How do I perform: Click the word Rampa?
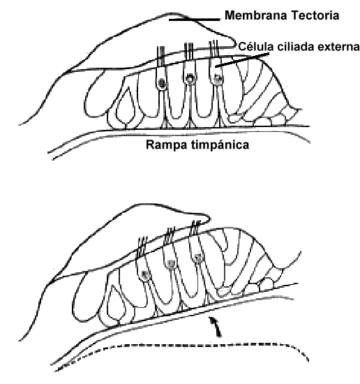(x=167, y=145)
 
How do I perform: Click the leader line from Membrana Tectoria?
(x=195, y=20)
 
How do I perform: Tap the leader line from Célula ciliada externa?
(x=242, y=59)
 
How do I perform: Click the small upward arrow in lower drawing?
(x=216, y=327)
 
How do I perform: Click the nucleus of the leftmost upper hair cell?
(x=162, y=83)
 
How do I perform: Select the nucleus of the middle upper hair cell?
(x=190, y=78)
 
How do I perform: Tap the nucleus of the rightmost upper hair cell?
(x=218, y=79)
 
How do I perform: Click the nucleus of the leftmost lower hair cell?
(x=147, y=275)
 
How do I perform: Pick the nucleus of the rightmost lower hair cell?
(x=198, y=258)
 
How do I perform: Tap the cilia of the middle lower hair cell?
(x=170, y=236)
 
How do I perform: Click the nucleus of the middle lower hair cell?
(x=170, y=263)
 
